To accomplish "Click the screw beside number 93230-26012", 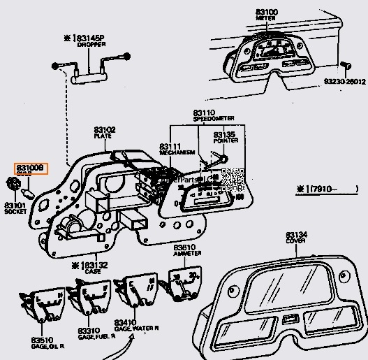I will (346, 66).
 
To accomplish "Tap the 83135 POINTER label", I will (224, 137).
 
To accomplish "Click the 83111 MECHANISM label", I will (170, 150).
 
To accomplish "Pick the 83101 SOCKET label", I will (15, 208).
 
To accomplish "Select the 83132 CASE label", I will (88, 268).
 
